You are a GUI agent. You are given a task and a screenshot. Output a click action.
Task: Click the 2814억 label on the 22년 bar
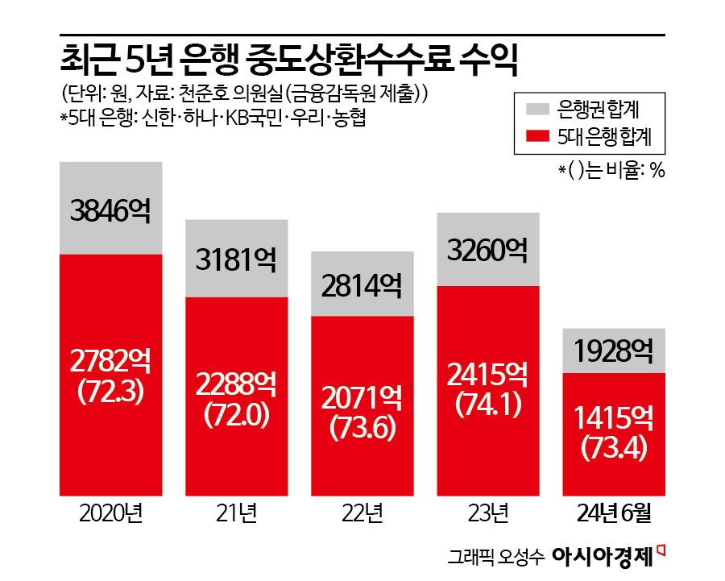362,285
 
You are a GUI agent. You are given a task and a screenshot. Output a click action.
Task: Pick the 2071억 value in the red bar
362,399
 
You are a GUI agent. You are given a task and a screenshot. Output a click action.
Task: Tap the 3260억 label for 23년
487,251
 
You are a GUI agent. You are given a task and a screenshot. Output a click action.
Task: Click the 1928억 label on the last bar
613,352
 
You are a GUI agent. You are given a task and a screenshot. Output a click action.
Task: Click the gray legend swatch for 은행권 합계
538,108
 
